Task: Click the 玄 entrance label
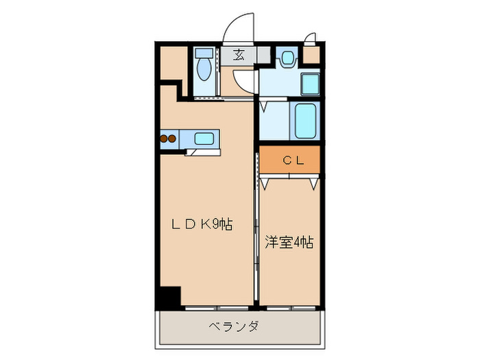(x=239, y=56)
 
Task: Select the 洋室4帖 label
(x=289, y=242)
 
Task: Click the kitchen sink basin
(x=204, y=139)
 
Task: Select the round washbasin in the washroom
(x=287, y=57)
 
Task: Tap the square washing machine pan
(x=311, y=84)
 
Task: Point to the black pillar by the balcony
(x=168, y=298)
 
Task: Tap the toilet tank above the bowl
(x=202, y=53)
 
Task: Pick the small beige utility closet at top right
(x=311, y=56)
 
